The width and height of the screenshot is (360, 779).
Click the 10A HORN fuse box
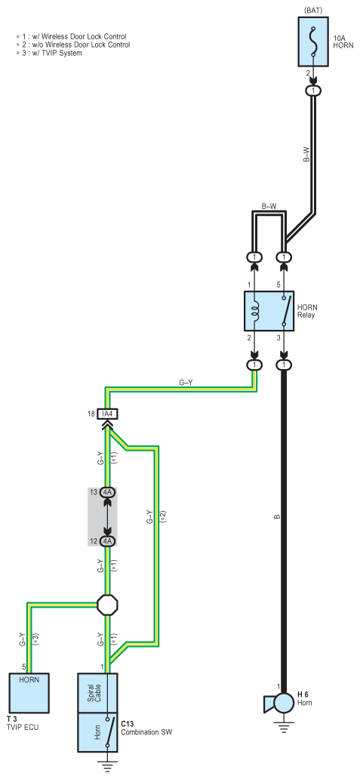coord(312,42)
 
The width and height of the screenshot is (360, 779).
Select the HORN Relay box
coord(269,311)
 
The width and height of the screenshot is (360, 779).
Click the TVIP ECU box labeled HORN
coord(29,693)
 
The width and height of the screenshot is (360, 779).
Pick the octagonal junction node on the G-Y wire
coord(108,605)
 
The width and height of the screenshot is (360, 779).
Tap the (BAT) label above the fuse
coord(312,10)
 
